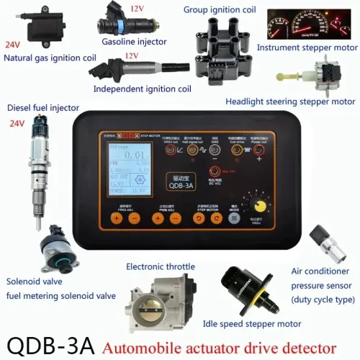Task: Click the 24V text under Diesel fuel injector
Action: pos(17,123)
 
